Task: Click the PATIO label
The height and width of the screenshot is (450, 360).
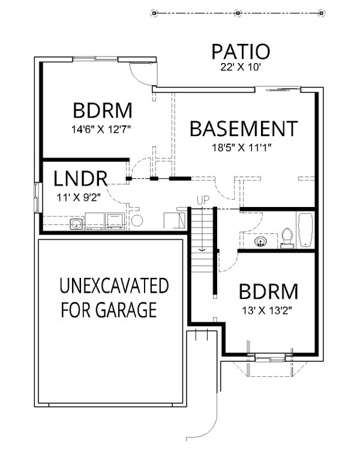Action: tap(241, 52)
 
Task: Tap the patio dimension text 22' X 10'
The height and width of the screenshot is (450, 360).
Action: tap(241, 68)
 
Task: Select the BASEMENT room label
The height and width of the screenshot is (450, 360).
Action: tap(243, 129)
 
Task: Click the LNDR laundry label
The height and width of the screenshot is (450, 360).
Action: tap(80, 178)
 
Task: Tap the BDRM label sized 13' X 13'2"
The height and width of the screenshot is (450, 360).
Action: tap(268, 292)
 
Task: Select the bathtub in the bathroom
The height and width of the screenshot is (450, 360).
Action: tap(306, 230)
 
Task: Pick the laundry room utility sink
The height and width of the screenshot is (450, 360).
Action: tap(76, 224)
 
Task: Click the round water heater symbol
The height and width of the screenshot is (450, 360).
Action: tap(137, 221)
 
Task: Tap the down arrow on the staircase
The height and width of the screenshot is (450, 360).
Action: tap(202, 247)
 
